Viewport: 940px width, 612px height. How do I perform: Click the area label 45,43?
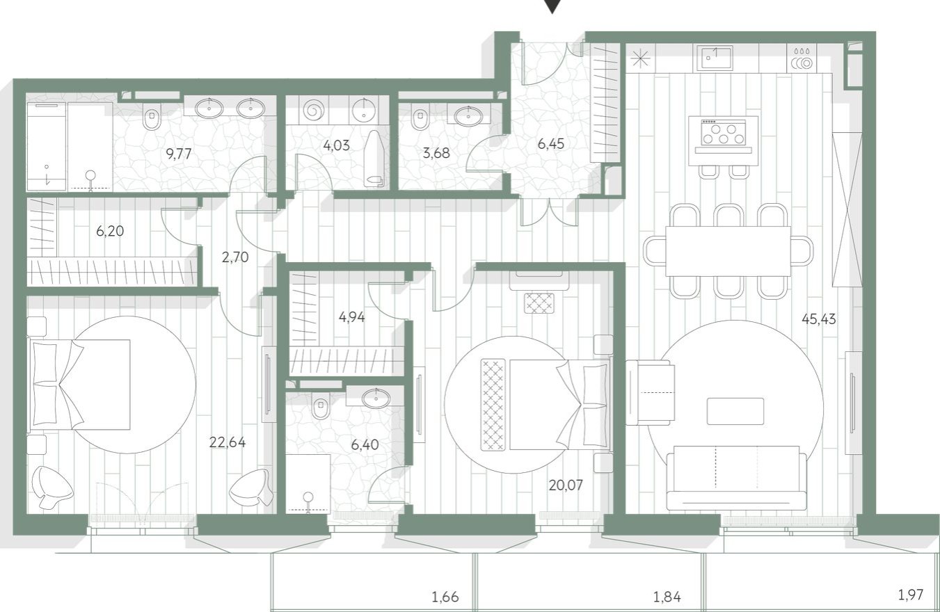coord(818,319)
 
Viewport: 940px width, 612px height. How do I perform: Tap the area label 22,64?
coord(228,442)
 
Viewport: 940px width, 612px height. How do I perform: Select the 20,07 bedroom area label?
coord(566,485)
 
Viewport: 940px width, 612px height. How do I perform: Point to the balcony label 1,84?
coord(667,596)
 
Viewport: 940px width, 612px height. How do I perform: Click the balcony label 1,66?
coord(445,596)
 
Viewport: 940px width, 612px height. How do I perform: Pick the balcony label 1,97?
coord(911,595)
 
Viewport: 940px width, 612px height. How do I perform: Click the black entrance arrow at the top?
coord(552,6)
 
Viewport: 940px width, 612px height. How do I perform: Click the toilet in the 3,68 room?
coord(420,118)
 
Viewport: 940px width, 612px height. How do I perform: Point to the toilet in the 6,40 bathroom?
coord(321,405)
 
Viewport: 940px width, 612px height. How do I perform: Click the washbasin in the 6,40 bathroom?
coord(376,397)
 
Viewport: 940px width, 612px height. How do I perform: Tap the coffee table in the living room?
coord(735,411)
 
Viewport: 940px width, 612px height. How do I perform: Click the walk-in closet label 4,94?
coord(351,317)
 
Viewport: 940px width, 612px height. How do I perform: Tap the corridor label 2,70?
coord(235,257)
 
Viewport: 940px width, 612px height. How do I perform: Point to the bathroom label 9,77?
coord(178,154)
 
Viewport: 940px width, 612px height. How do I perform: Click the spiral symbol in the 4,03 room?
coord(314,110)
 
